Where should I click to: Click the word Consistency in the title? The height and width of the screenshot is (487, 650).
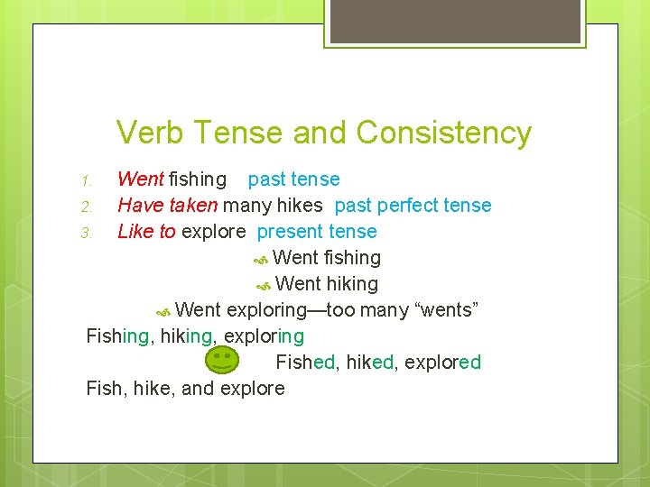443,133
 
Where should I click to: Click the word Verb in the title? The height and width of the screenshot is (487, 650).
151,133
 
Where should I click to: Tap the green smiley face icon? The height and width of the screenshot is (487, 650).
222,361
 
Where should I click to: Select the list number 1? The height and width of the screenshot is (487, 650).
87,180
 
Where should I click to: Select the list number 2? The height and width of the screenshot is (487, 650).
87,207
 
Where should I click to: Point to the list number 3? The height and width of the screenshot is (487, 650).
87,233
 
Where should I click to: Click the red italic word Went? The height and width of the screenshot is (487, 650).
140,179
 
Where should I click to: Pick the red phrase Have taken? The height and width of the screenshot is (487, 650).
168,206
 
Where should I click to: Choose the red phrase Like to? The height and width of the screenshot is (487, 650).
147,232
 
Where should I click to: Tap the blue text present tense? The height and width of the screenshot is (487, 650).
317,232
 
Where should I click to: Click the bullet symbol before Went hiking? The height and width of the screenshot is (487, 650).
264,285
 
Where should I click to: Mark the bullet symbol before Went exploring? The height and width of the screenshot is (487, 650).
163,311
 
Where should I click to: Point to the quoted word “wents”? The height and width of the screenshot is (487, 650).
445,310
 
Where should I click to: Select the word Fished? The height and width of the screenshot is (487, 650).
306,363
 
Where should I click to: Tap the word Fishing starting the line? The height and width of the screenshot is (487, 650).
117,336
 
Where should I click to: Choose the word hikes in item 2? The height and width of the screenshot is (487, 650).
298,206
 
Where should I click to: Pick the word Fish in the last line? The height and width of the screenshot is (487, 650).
103,389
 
